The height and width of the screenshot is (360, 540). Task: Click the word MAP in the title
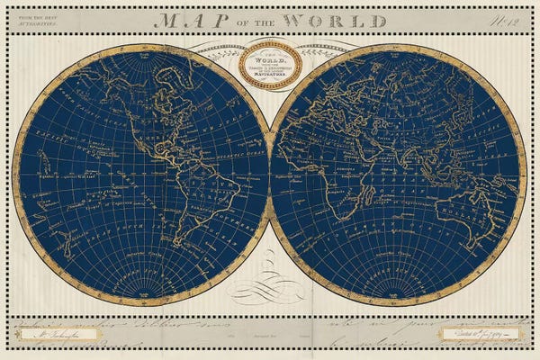coord(184,20)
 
